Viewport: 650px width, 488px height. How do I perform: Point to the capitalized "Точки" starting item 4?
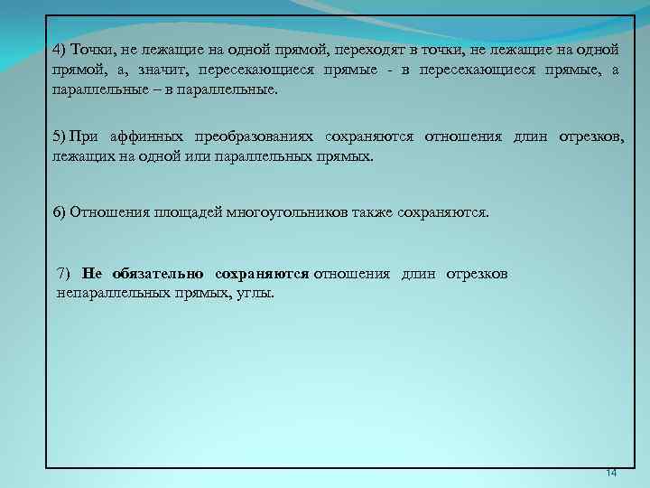(x=87, y=49)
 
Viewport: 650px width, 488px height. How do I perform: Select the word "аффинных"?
(x=143, y=136)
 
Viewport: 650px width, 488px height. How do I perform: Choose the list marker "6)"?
(x=59, y=212)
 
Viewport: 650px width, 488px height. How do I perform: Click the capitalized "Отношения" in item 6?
(x=103, y=212)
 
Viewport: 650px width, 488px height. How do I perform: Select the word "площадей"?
(x=174, y=212)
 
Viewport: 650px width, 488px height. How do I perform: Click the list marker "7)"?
(x=63, y=273)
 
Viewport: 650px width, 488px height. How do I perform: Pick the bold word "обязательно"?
(x=155, y=273)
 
